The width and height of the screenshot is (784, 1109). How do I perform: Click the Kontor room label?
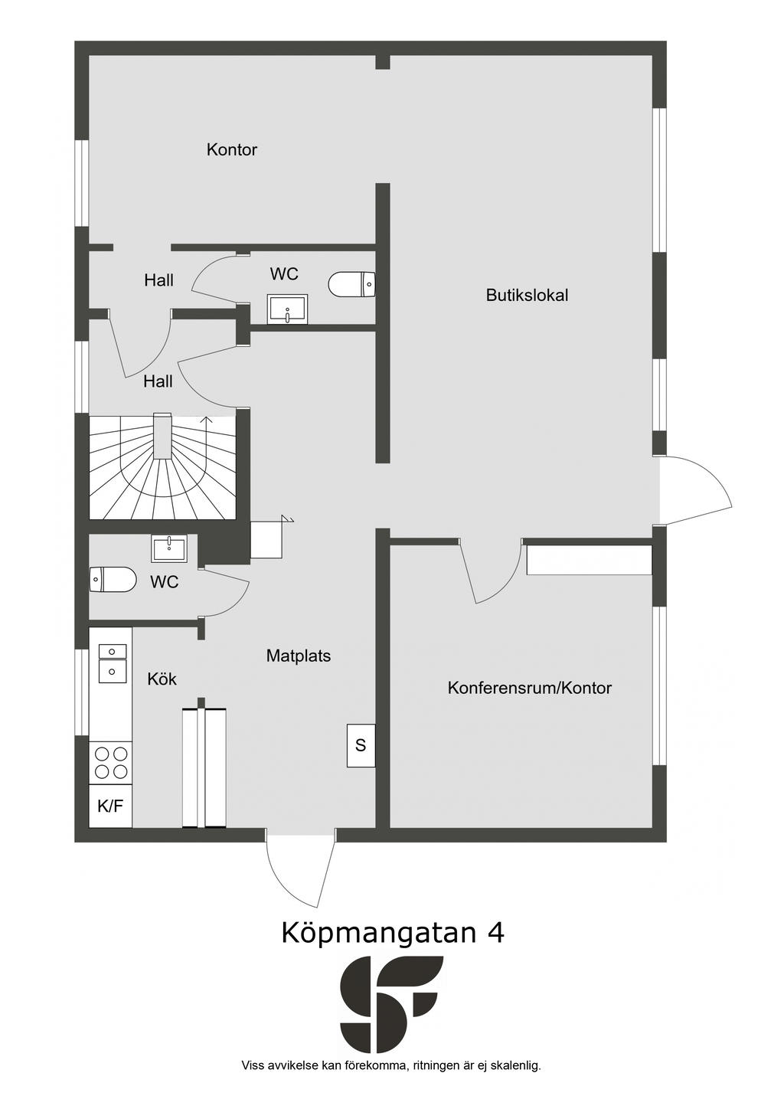231,150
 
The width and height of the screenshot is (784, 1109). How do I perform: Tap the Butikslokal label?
527,296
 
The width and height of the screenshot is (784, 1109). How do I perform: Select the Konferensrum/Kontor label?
529,689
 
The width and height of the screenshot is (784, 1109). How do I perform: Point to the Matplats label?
298,656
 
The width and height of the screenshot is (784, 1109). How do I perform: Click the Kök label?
162,679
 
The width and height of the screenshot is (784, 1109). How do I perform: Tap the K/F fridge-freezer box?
110,806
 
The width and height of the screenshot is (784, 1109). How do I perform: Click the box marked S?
361,745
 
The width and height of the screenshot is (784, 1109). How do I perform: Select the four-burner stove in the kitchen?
110,763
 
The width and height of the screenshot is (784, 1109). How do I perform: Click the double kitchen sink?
112,662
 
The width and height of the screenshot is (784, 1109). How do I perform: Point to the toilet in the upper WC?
351,284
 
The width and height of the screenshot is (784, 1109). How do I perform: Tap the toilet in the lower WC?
112,580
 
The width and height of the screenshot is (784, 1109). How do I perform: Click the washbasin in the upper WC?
287,309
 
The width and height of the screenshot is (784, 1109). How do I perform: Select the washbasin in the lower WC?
169,548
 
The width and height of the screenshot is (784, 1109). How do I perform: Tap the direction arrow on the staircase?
204,420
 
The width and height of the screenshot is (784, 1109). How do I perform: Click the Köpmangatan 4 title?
393,932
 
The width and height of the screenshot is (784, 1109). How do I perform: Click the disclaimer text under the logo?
391,1065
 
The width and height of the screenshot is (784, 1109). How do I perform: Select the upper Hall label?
158,281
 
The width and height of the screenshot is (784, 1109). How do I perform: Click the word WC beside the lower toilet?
164,583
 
